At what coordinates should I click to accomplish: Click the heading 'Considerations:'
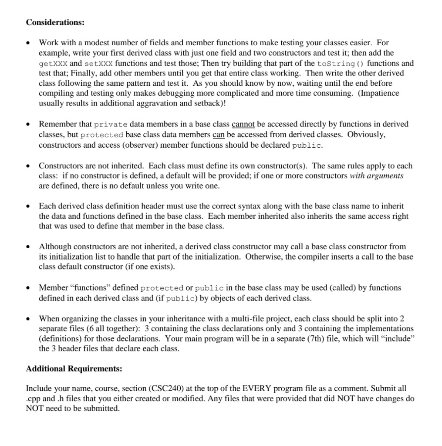tap(55, 22)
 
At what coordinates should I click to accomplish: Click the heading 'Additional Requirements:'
tap(74, 369)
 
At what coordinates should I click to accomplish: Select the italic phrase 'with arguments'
tap(377, 176)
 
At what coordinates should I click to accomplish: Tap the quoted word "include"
tap(398, 338)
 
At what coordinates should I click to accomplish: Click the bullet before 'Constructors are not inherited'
tap(29, 166)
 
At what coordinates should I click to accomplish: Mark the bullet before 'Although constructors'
tap(29, 247)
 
